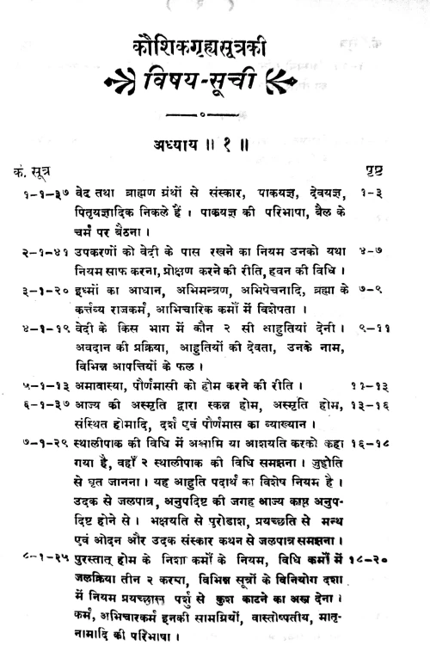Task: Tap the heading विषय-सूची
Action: click(216, 84)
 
